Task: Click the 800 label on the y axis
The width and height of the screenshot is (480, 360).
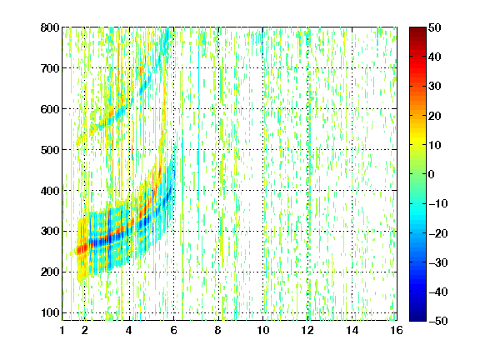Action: tap(50, 27)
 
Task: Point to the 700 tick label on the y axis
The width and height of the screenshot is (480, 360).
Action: tap(50, 68)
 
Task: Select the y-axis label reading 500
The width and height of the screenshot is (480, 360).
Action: tap(50, 150)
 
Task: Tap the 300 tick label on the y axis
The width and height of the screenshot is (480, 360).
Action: tap(50, 231)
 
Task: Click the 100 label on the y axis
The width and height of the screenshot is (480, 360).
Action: tap(50, 312)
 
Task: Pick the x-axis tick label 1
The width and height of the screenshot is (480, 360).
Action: tap(62, 330)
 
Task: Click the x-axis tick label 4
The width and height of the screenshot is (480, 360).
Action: tap(129, 330)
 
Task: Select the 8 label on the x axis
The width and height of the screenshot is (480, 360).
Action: tap(217, 330)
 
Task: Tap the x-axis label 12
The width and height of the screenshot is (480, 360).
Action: tap(307, 330)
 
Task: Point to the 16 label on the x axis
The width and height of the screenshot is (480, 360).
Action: tap(397, 330)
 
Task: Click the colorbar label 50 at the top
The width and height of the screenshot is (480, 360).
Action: tap(435, 27)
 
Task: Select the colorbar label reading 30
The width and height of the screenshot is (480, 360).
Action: tap(435, 87)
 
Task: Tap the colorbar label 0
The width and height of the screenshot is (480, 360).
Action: tap(432, 174)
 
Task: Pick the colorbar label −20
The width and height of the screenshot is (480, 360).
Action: tap(438, 233)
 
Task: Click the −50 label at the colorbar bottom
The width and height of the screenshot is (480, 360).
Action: tap(438, 321)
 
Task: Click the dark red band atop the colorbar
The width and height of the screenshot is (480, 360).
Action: tap(417, 33)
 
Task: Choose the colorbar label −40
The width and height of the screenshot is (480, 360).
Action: tap(438, 292)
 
